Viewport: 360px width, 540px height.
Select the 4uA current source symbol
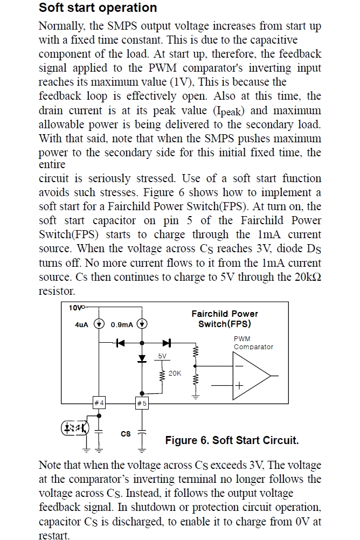point(99,324)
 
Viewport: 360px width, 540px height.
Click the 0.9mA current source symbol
point(142,324)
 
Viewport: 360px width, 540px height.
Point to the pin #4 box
point(99,403)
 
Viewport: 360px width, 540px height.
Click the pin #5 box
point(142,403)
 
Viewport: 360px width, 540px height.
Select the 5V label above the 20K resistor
point(163,356)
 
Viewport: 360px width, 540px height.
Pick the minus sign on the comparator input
point(238,366)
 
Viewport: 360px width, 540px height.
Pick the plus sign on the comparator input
point(238,386)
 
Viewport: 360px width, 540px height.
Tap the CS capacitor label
point(126,433)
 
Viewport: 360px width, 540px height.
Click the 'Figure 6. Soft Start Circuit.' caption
point(232,440)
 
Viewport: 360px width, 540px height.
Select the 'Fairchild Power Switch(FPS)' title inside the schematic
point(225,319)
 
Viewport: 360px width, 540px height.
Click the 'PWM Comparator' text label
point(253,343)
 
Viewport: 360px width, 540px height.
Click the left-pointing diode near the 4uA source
point(121,342)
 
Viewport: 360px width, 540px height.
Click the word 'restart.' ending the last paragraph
point(54,535)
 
